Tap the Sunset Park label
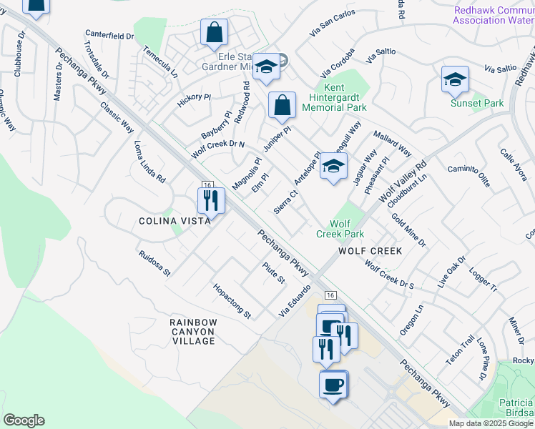pyautogui.click(x=477, y=104)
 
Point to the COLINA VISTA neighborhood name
pyautogui.click(x=175, y=221)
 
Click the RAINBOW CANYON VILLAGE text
pyautogui.click(x=193, y=332)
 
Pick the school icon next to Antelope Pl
pyautogui.click(x=333, y=166)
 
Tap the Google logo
pyautogui.click(x=24, y=420)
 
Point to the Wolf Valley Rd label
pyautogui.click(x=403, y=181)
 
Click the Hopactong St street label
pyautogui.click(x=232, y=301)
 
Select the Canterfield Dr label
pyautogui.click(x=109, y=34)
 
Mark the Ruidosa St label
pyautogui.click(x=155, y=263)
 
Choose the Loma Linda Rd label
pyautogui.click(x=150, y=160)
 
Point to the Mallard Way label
pyautogui.click(x=393, y=143)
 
